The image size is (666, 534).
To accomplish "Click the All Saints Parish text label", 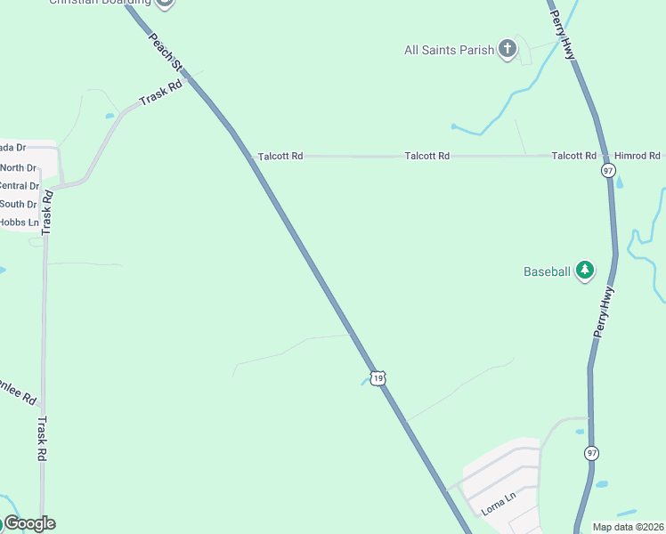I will [449, 51].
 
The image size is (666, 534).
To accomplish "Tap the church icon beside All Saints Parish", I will [508, 49].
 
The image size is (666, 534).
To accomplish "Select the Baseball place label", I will [546, 271].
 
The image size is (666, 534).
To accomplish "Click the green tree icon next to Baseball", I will [584, 270].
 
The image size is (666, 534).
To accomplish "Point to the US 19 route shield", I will [378, 378].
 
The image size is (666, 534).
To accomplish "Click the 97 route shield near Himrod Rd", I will [608, 170].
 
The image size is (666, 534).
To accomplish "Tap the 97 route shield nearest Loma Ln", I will [591, 453].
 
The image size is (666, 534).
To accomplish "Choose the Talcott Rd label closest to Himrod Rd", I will [573, 156].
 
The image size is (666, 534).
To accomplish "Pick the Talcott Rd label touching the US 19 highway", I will [280, 156].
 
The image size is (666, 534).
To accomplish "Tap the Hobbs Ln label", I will [19, 222].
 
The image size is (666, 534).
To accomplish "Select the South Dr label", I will [19, 204].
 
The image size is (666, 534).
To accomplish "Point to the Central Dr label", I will [19, 186].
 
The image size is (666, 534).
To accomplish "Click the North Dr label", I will [19, 167].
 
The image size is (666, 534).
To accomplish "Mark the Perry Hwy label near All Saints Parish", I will [563, 35].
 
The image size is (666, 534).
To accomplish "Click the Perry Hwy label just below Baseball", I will [604, 312].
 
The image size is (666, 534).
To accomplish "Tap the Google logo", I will [29, 523].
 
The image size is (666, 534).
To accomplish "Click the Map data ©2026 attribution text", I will [628, 527].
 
